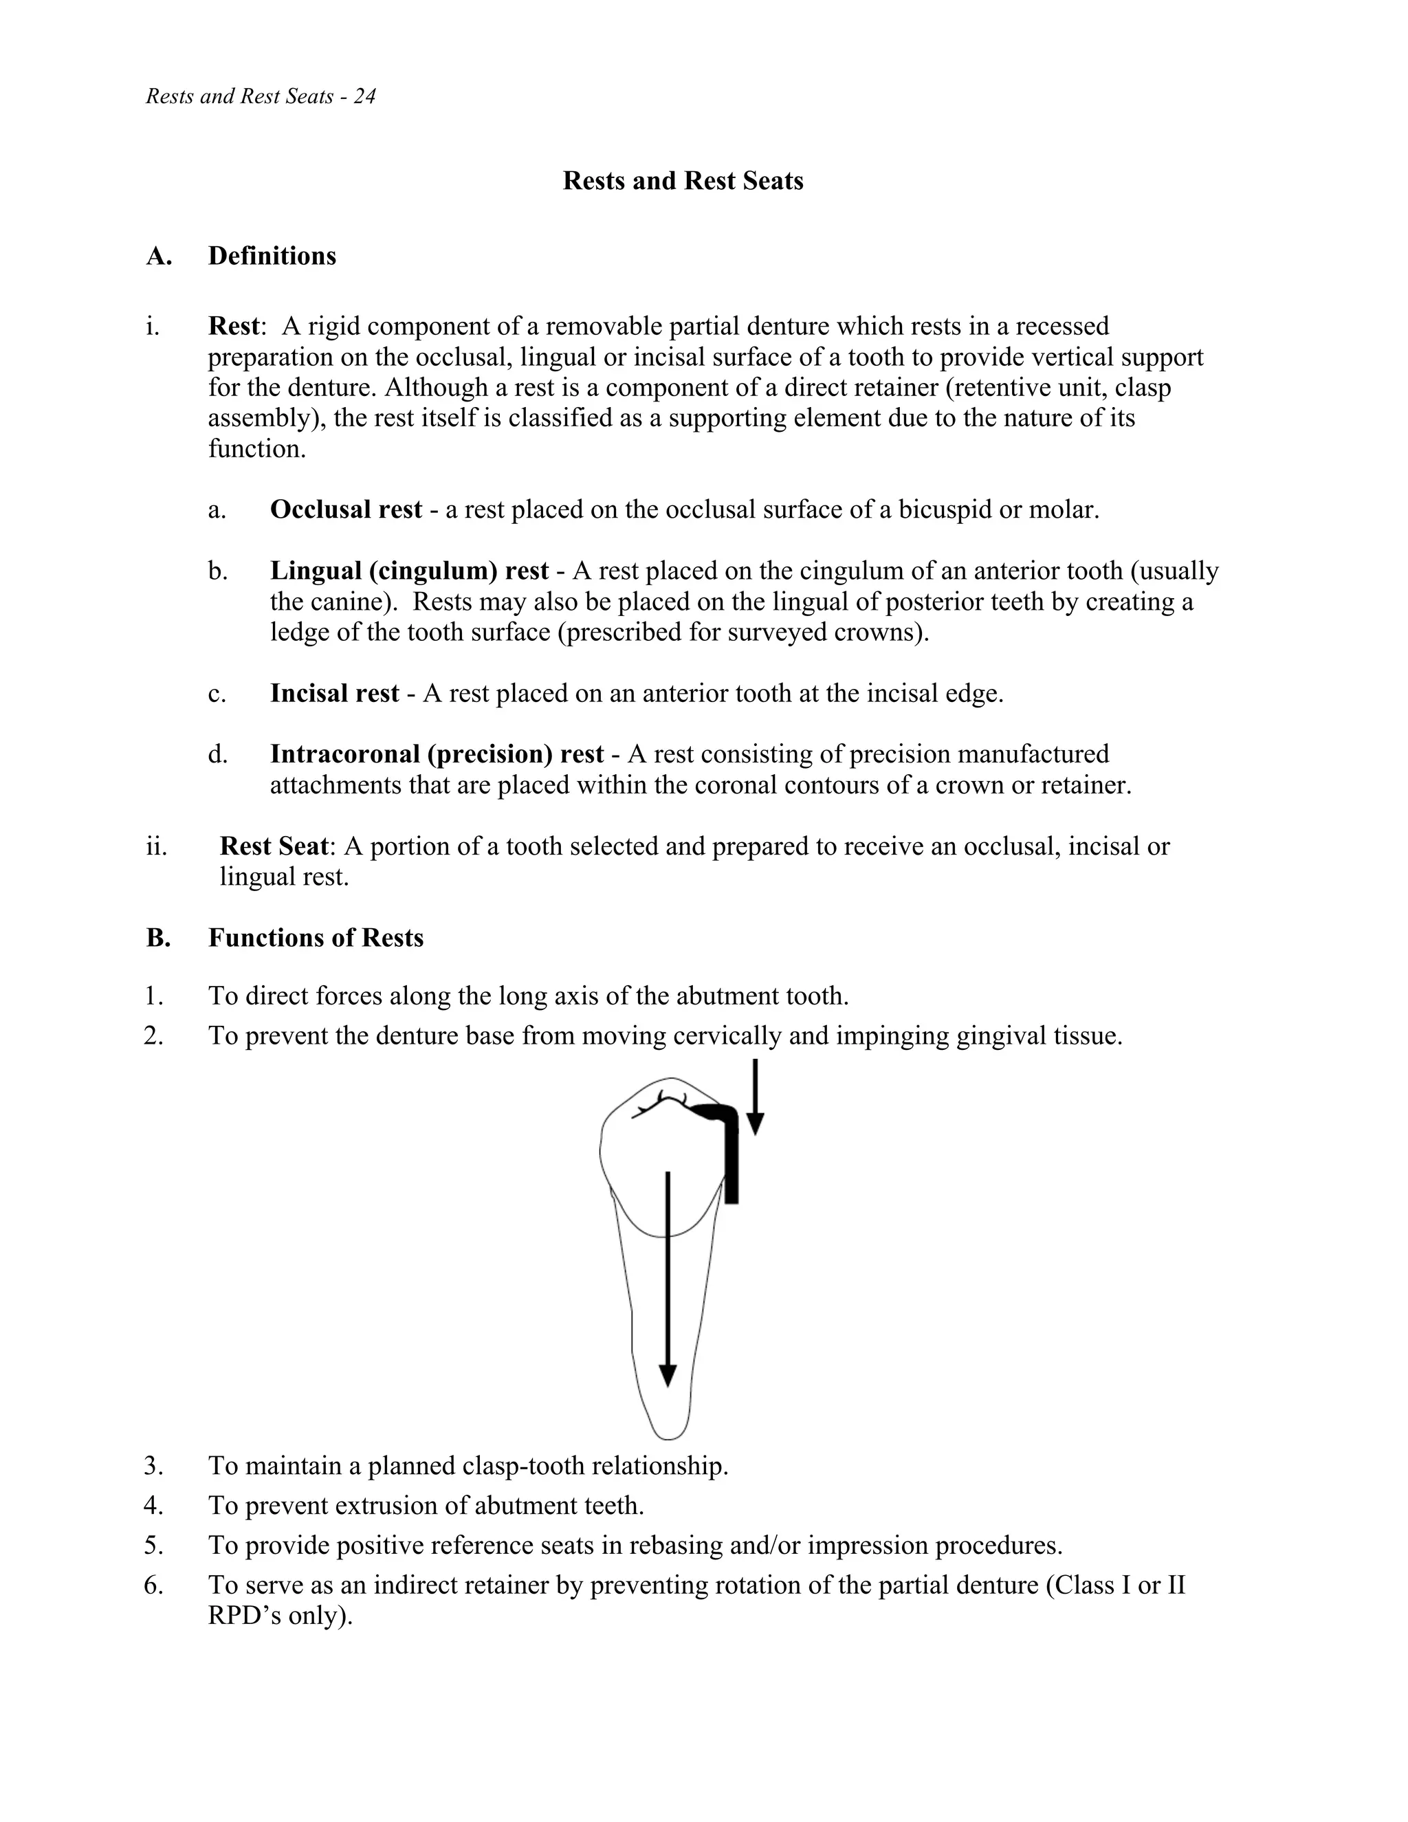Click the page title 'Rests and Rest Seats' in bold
point(682,181)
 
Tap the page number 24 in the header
point(364,97)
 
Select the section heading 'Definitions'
point(272,256)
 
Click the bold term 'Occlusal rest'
point(345,509)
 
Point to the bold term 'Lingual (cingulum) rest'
point(409,571)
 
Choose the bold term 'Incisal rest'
point(335,693)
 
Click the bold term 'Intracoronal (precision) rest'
point(437,754)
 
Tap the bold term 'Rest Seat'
point(274,847)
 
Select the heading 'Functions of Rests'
point(316,939)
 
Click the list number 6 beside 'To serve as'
point(153,1585)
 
